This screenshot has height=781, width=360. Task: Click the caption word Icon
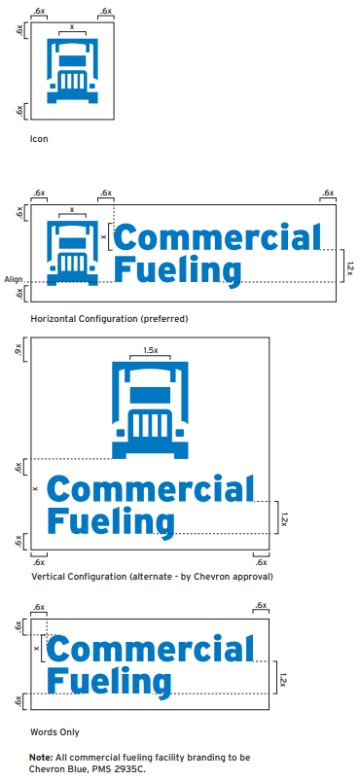click(39, 139)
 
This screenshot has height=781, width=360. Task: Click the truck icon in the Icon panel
click(73, 71)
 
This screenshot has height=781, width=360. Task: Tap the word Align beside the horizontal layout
click(13, 279)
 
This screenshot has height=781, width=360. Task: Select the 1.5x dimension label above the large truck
click(150, 350)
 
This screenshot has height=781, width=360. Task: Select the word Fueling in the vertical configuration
click(110, 520)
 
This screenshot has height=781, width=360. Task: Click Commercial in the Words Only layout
click(150, 651)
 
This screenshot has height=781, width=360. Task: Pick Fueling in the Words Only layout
click(110, 680)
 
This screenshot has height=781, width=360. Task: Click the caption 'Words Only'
click(55, 731)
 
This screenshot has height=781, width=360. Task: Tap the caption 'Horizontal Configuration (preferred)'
click(109, 318)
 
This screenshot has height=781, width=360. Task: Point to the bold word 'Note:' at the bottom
click(42, 756)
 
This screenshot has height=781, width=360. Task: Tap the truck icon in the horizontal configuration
click(72, 252)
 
